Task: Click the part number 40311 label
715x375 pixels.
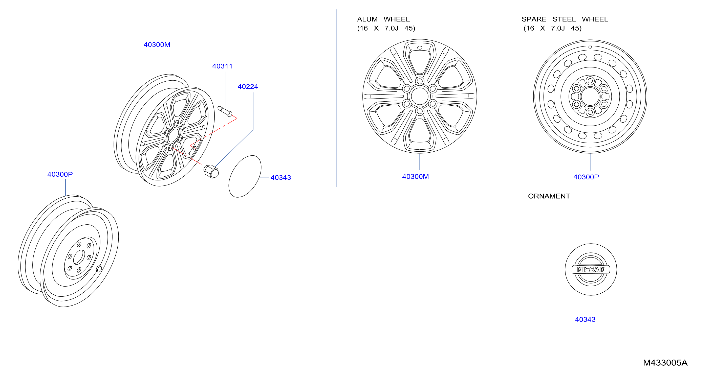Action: click(222, 66)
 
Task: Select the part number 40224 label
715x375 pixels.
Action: click(248, 86)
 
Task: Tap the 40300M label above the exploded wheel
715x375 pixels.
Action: click(157, 45)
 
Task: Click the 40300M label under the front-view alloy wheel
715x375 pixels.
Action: click(415, 176)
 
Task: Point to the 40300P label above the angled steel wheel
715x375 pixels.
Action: click(60, 174)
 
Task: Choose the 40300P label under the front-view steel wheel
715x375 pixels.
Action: click(586, 177)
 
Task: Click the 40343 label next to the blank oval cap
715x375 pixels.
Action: click(281, 177)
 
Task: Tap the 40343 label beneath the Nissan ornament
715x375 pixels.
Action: click(585, 319)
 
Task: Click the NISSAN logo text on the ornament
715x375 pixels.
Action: click(591, 270)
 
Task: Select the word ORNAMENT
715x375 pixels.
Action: click(549, 196)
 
